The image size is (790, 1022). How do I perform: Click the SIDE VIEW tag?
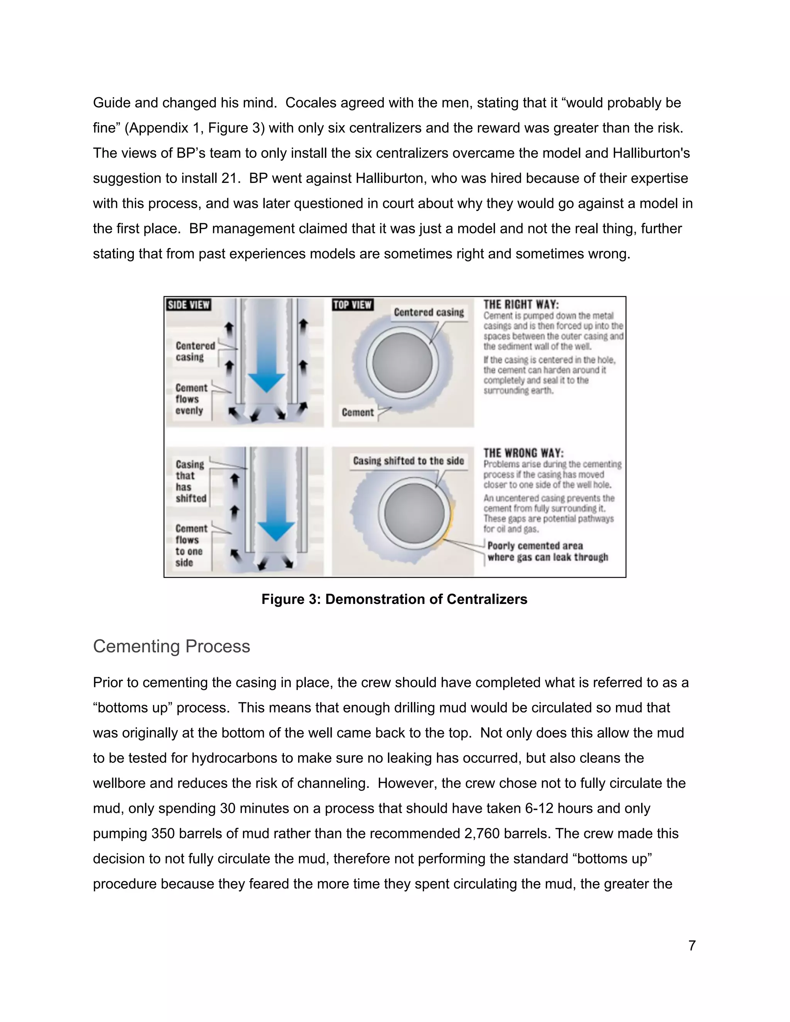pos(188,305)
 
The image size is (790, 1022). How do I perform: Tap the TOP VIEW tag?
pos(353,305)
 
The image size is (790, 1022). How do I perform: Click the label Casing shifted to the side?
pos(408,461)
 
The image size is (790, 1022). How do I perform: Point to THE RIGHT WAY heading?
pos(521,305)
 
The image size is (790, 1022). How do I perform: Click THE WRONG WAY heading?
pos(523,453)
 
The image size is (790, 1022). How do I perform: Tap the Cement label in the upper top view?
pos(358,412)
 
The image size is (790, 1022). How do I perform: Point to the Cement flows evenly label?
pos(191,399)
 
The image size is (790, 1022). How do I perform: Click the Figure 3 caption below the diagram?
pos(394,599)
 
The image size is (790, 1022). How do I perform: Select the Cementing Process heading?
pos(171,646)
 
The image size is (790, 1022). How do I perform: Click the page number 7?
pos(692,946)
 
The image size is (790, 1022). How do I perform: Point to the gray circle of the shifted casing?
pos(414,513)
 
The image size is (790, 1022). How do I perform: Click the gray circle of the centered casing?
pos(402,363)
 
